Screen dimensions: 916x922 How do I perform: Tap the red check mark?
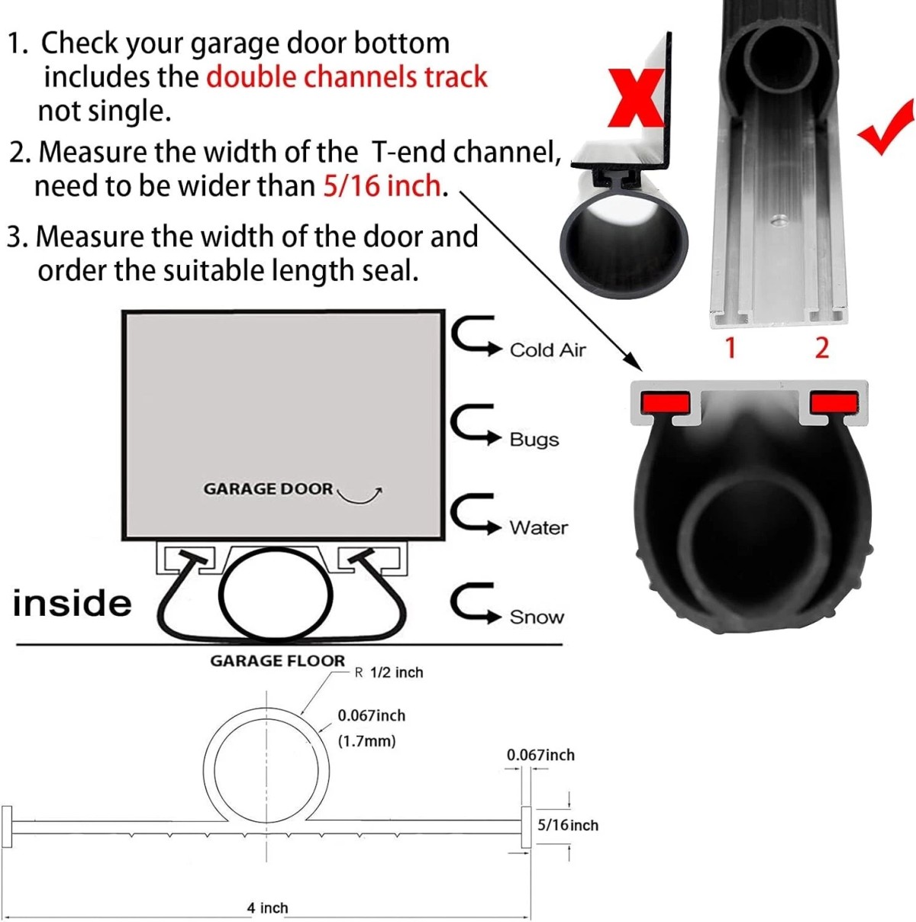pyautogui.click(x=885, y=127)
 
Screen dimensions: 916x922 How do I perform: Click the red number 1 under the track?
pyautogui.click(x=731, y=348)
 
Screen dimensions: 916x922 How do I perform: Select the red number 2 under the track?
pyautogui.click(x=821, y=348)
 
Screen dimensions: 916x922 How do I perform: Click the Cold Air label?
pyautogui.click(x=547, y=350)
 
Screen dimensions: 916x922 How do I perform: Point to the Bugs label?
pyautogui.click(x=534, y=439)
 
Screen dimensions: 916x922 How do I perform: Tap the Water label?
pyautogui.click(x=538, y=527)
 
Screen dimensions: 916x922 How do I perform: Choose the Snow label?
pyautogui.click(x=537, y=617)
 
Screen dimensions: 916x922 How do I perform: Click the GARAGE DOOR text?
pyautogui.click(x=268, y=489)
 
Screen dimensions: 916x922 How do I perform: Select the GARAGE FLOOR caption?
pyautogui.click(x=278, y=661)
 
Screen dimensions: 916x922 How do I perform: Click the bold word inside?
pyautogui.click(x=73, y=603)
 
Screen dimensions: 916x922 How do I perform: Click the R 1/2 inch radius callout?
pyautogui.click(x=389, y=673)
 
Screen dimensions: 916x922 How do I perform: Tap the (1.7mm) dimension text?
pyautogui.click(x=367, y=741)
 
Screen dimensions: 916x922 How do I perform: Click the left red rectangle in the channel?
pyautogui.click(x=665, y=403)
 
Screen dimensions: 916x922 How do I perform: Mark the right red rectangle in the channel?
pyautogui.click(x=834, y=403)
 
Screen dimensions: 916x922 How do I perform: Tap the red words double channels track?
pyautogui.click(x=347, y=77)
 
